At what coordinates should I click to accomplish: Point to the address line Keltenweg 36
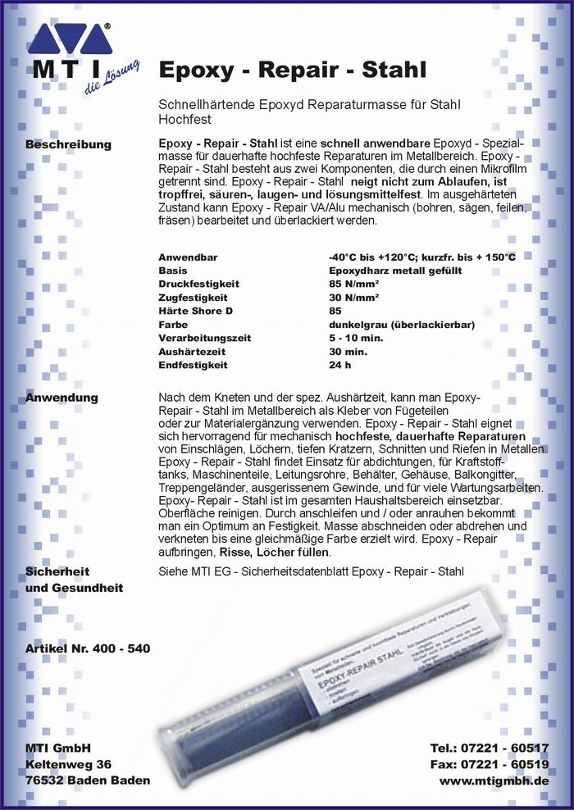click(x=68, y=764)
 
